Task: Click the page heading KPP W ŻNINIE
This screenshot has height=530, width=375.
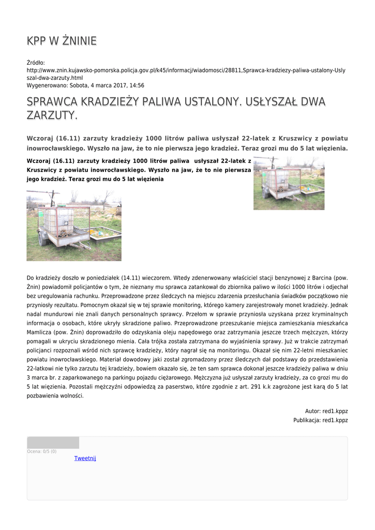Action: [x=62, y=41]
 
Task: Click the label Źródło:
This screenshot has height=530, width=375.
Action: [x=36, y=63]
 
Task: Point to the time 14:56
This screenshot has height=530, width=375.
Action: [x=137, y=85]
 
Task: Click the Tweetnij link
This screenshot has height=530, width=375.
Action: [x=85, y=458]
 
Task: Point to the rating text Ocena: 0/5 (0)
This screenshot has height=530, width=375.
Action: [x=42, y=451]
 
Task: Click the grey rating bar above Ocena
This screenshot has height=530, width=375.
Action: [x=53, y=443]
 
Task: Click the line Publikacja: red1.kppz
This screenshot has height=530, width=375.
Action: [x=321, y=420]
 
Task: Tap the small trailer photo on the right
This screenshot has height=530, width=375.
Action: [x=289, y=183]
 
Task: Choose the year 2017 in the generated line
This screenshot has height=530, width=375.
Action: [x=117, y=85]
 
